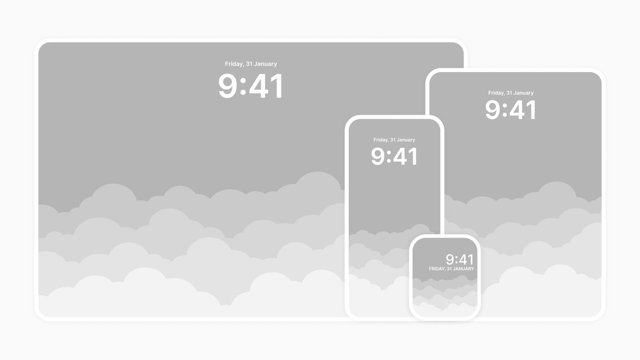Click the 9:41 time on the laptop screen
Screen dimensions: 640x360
click(x=251, y=86)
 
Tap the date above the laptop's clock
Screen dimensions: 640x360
click(x=251, y=64)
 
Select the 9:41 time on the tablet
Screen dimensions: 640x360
click(x=511, y=110)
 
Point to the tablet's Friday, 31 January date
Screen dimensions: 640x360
click(x=511, y=92)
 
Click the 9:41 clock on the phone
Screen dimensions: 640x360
click(x=394, y=156)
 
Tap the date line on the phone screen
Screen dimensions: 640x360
click(x=394, y=140)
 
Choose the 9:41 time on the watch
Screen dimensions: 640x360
click(x=460, y=259)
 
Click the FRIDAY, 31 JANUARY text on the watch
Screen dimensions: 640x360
click(x=452, y=269)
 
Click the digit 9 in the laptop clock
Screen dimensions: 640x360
click(x=228, y=86)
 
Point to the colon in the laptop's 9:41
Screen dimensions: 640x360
click(x=243, y=87)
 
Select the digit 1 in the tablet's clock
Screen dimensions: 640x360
click(x=531, y=110)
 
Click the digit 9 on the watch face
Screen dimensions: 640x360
click(x=450, y=259)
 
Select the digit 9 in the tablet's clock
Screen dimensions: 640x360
click(x=493, y=110)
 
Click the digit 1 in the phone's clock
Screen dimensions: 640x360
click(x=413, y=156)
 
